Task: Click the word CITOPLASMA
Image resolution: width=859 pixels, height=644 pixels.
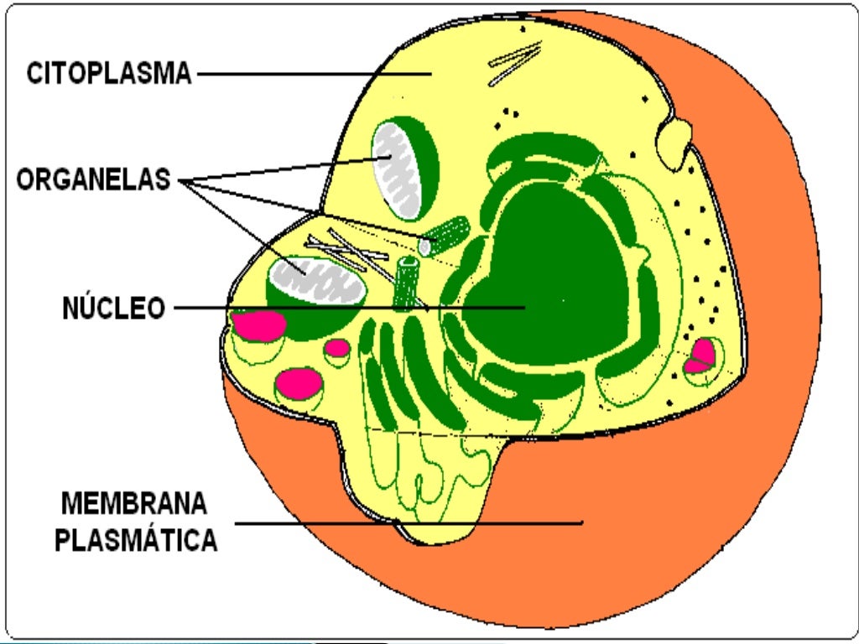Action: (109, 74)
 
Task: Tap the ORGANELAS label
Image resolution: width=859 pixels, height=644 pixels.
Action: (94, 179)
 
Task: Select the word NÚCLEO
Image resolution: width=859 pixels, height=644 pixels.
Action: (114, 308)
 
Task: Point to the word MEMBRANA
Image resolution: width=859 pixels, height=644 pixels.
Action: (134, 503)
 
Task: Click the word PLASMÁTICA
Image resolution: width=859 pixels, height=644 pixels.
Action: (137, 540)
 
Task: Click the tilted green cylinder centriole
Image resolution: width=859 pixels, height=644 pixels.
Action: (445, 236)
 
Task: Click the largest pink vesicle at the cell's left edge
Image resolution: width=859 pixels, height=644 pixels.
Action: (258, 325)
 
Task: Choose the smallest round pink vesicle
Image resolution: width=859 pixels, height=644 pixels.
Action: (337, 348)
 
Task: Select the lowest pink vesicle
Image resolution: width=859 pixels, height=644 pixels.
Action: (299, 383)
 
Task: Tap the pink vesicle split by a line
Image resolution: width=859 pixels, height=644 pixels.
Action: (700, 356)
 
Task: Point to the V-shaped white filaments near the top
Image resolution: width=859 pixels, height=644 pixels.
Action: (515, 62)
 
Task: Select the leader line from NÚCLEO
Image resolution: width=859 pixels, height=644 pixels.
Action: (350, 309)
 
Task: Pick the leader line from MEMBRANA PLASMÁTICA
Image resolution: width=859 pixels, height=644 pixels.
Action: (409, 523)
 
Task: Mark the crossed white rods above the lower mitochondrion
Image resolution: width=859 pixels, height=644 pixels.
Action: (351, 252)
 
